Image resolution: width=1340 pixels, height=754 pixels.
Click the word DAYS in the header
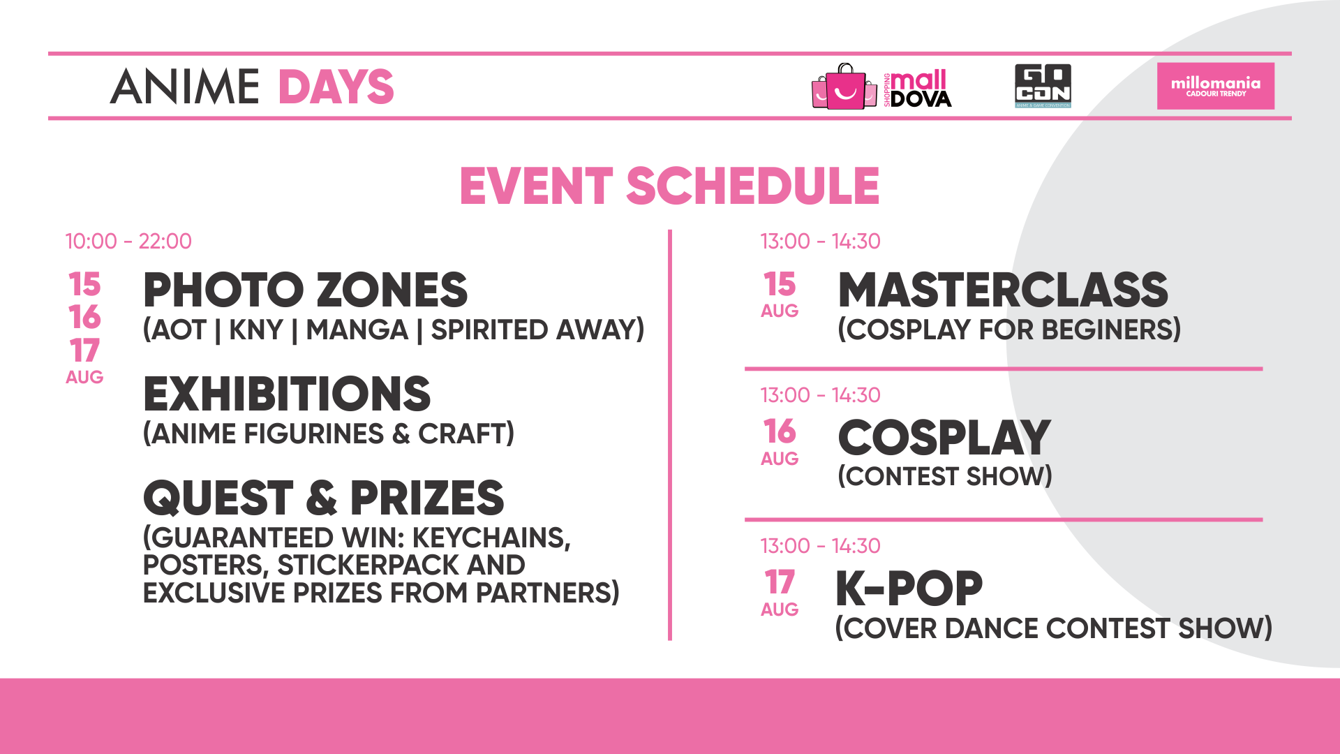pyautogui.click(x=336, y=87)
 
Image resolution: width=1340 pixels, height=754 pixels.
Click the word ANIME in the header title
pyautogui.click(x=185, y=87)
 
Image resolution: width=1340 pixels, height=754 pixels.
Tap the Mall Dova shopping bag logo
pyautogui.click(x=881, y=87)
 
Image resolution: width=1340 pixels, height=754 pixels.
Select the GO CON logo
pyautogui.click(x=1043, y=86)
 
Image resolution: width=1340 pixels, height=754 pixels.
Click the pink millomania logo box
pyautogui.click(x=1216, y=86)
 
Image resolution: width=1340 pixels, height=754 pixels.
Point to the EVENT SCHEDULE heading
pyautogui.click(x=669, y=186)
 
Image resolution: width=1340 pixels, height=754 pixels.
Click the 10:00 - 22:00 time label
pyautogui.click(x=128, y=242)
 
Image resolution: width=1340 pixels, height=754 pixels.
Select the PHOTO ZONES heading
pyautogui.click(x=305, y=290)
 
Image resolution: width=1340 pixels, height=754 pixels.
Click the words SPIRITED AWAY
pyautogui.click(x=537, y=330)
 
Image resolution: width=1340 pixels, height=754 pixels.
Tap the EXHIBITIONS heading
pyautogui.click(x=287, y=394)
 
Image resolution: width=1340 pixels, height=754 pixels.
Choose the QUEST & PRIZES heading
pyautogui.click(x=323, y=498)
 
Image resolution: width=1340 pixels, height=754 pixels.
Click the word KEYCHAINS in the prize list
pyautogui.click(x=491, y=538)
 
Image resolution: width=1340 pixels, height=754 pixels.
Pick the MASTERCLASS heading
pyautogui.click(x=1003, y=290)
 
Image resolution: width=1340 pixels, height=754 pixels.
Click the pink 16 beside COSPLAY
pyautogui.click(x=780, y=431)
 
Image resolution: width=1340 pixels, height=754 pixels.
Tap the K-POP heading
pyautogui.click(x=909, y=589)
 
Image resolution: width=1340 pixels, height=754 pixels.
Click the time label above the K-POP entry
pyautogui.click(x=821, y=546)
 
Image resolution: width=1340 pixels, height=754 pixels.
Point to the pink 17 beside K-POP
pyautogui.click(x=780, y=582)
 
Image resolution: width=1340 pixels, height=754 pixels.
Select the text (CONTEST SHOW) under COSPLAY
pyautogui.click(x=945, y=477)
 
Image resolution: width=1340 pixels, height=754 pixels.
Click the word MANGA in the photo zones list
pyautogui.click(x=357, y=330)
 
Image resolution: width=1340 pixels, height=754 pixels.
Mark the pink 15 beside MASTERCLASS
pyautogui.click(x=780, y=284)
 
